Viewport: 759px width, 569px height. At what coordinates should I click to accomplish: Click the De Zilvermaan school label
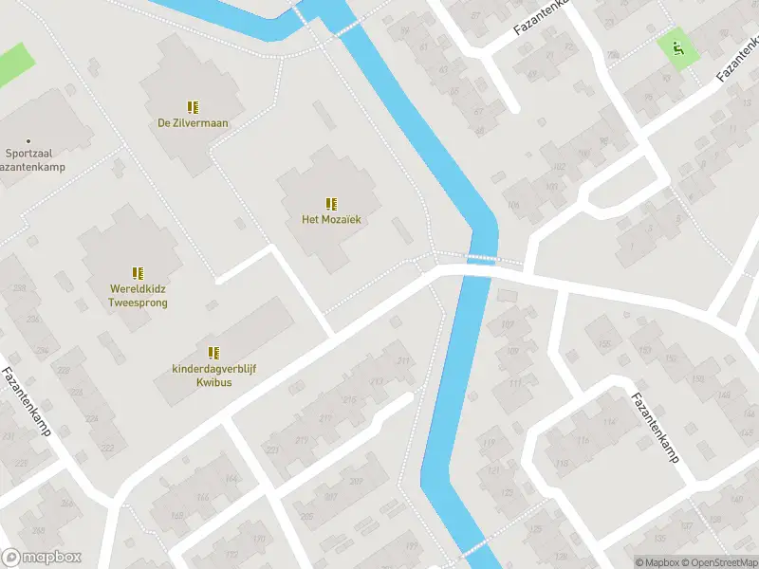193,122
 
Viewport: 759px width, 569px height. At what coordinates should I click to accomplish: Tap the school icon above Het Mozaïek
331,204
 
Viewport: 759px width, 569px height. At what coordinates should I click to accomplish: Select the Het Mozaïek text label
331,220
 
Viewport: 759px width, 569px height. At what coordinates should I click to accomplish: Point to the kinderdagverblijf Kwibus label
213,375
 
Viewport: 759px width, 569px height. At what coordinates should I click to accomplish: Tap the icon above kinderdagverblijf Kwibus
213,353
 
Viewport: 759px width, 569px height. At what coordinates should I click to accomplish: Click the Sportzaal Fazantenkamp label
28,158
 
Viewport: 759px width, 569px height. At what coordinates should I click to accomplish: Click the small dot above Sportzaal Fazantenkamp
28,140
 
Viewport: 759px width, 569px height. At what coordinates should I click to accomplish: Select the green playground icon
676,46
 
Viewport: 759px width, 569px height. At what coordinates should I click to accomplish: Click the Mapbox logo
42,558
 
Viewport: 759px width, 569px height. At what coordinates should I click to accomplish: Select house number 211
404,360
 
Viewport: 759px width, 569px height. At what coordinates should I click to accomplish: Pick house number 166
201,497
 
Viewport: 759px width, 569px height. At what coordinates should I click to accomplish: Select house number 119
490,443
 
